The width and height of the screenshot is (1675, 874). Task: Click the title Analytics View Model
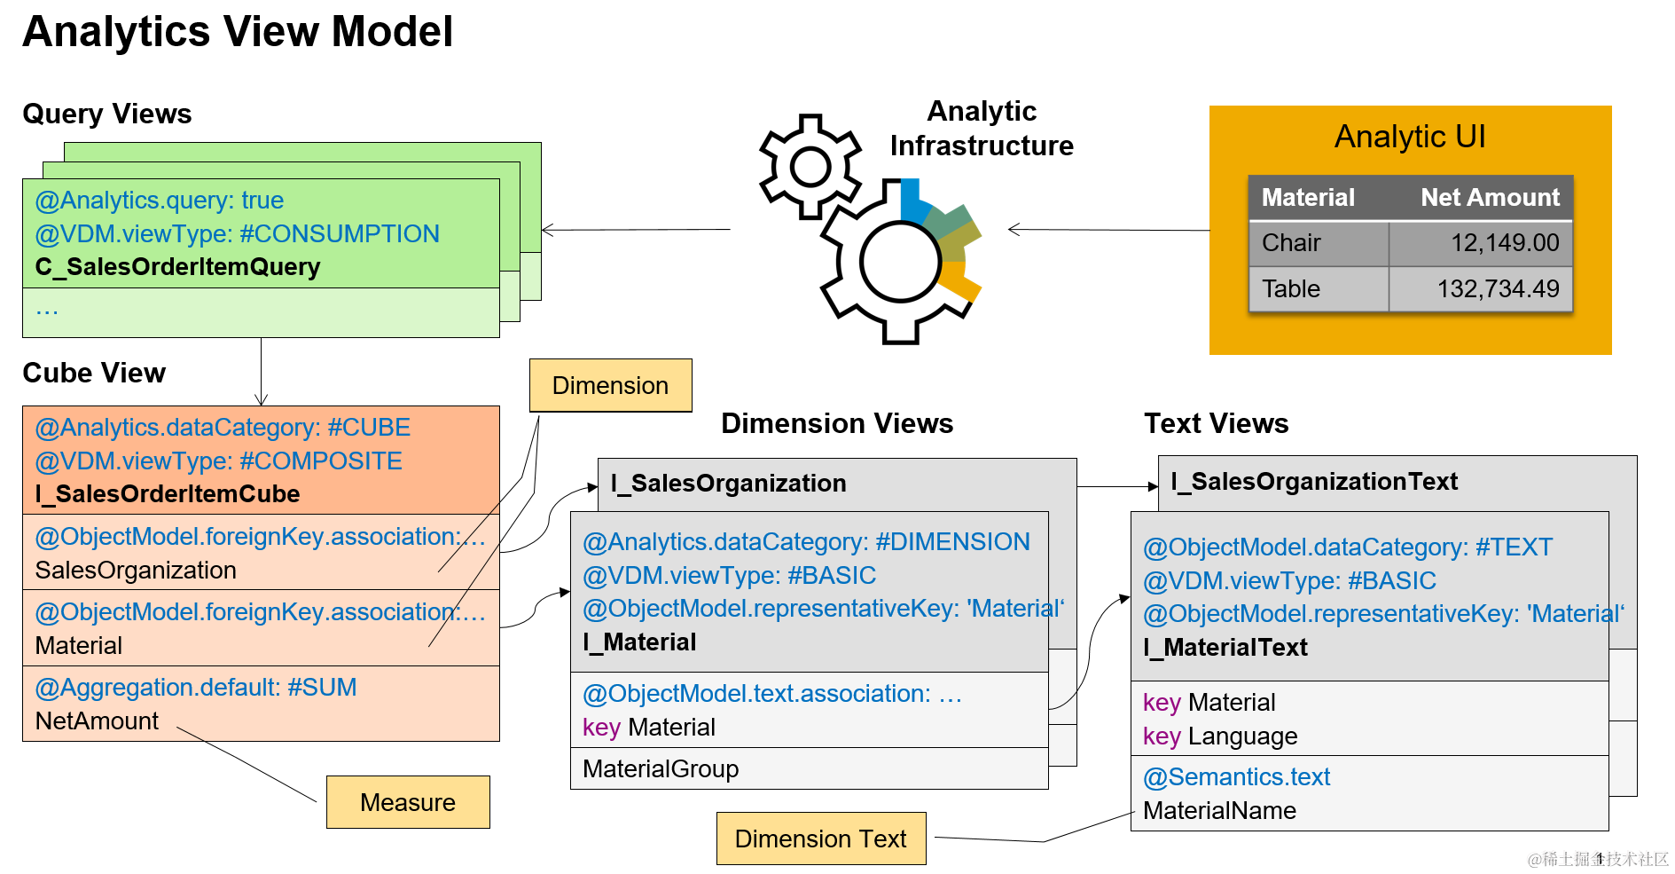tap(238, 32)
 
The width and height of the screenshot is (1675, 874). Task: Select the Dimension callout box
tap(610, 385)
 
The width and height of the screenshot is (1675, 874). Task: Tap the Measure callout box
tap(408, 802)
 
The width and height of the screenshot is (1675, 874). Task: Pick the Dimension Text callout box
tap(820, 839)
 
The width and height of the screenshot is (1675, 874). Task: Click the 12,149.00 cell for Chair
tap(1504, 243)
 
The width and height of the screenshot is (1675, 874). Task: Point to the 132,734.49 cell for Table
tap(1498, 289)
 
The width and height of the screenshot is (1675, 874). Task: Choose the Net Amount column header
tap(1490, 197)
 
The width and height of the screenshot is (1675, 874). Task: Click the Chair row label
tap(1291, 243)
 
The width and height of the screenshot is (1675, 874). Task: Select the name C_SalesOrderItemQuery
tap(177, 267)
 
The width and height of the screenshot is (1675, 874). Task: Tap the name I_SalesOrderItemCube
tap(168, 494)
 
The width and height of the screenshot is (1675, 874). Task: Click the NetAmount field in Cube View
tap(97, 721)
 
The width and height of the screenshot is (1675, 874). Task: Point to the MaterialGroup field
tap(661, 769)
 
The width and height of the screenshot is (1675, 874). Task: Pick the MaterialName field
tap(1219, 811)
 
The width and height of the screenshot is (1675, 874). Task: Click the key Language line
tap(1220, 736)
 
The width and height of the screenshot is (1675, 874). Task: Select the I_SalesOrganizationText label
tap(1314, 482)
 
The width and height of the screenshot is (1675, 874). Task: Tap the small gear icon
tap(810, 166)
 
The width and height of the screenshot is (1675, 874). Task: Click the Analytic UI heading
tap(1410, 137)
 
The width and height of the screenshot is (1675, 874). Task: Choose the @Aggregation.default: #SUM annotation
tap(196, 688)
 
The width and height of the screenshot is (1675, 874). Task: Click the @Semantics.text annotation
tap(1236, 777)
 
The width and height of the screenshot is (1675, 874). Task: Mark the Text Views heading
tap(1216, 423)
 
